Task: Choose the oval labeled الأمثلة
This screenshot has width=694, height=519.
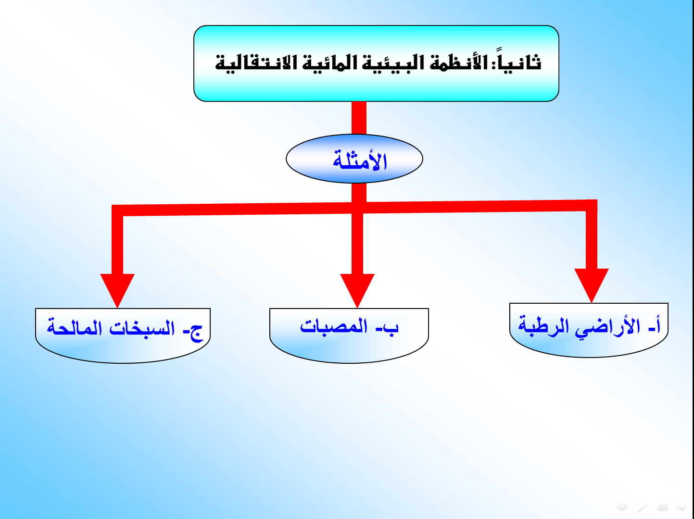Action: click(x=354, y=159)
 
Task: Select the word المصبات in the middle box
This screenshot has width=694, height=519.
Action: click(x=334, y=326)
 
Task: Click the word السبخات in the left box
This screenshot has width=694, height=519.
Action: click(x=142, y=328)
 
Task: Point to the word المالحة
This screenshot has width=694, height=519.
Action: click(x=74, y=328)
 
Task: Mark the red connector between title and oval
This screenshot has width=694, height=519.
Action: click(x=359, y=118)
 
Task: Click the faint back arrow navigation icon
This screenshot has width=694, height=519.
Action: click(x=622, y=507)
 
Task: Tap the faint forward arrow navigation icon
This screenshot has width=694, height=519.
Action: click(x=682, y=507)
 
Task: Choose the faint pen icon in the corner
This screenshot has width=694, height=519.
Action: click(x=642, y=507)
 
